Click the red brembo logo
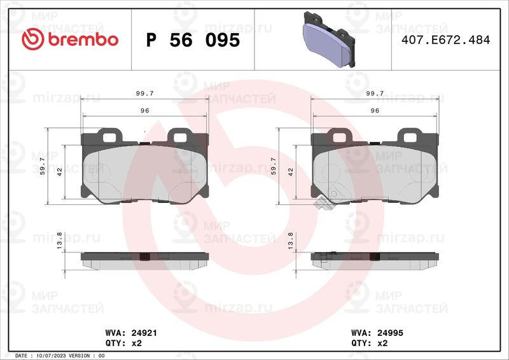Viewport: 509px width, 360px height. click(x=70, y=39)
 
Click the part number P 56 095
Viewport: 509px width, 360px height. click(x=193, y=40)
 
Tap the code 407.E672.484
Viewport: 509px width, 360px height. click(x=446, y=40)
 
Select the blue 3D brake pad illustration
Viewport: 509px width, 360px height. click(x=329, y=39)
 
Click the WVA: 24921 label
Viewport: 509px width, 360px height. click(x=131, y=333)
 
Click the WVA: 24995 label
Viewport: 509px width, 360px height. click(x=377, y=333)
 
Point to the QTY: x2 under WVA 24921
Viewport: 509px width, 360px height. click(x=123, y=343)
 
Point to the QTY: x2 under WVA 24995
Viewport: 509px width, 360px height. click(x=370, y=343)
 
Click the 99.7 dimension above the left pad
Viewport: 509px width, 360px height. click(x=145, y=93)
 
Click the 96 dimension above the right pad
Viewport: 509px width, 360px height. click(x=375, y=111)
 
